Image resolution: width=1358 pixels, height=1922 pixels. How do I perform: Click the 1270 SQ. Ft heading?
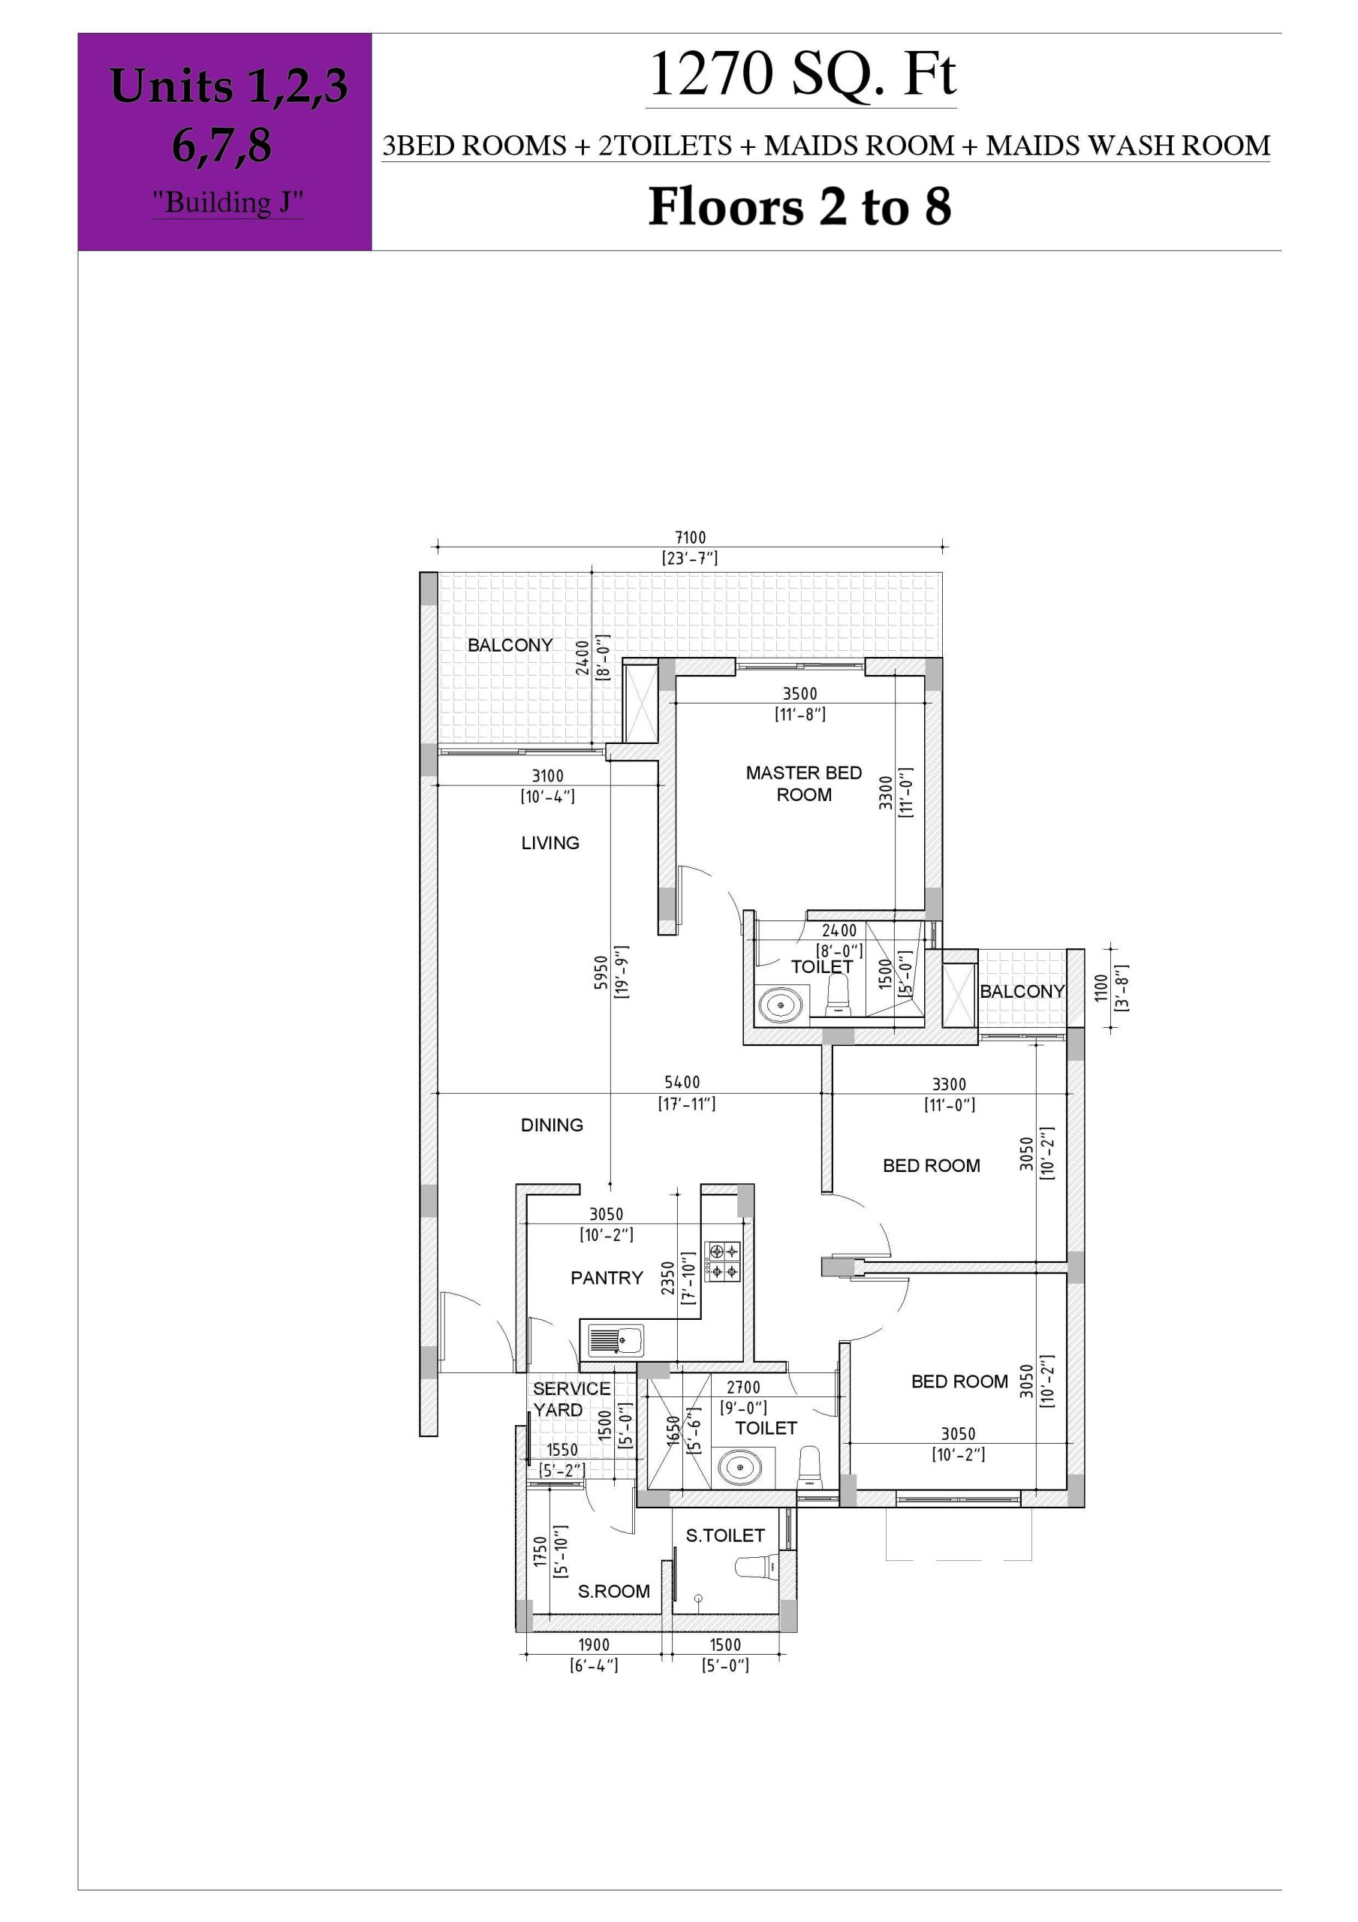click(801, 74)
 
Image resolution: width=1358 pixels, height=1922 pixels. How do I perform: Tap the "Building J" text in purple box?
click(227, 202)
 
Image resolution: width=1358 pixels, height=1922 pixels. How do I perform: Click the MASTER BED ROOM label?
click(804, 784)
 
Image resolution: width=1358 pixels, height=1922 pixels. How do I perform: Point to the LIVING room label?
click(550, 843)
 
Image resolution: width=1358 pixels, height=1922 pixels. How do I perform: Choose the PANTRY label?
click(607, 1277)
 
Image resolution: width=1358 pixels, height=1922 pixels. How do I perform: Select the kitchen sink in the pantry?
click(616, 1340)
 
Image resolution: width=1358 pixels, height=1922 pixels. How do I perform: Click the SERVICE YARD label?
click(571, 1399)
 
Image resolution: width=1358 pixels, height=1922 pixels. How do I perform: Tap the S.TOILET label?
click(725, 1535)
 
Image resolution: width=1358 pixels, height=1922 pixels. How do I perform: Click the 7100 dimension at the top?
click(691, 538)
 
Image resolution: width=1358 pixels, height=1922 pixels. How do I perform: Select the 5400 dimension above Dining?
click(682, 1083)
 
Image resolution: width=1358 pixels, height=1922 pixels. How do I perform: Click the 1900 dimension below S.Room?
click(595, 1645)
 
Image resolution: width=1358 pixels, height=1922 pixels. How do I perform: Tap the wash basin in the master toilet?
click(780, 1004)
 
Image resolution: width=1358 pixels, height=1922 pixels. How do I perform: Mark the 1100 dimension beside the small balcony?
click(1101, 988)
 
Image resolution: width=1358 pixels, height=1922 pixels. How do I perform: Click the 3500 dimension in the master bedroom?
click(799, 693)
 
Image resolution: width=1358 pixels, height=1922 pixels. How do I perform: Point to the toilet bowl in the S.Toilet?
click(757, 1567)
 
